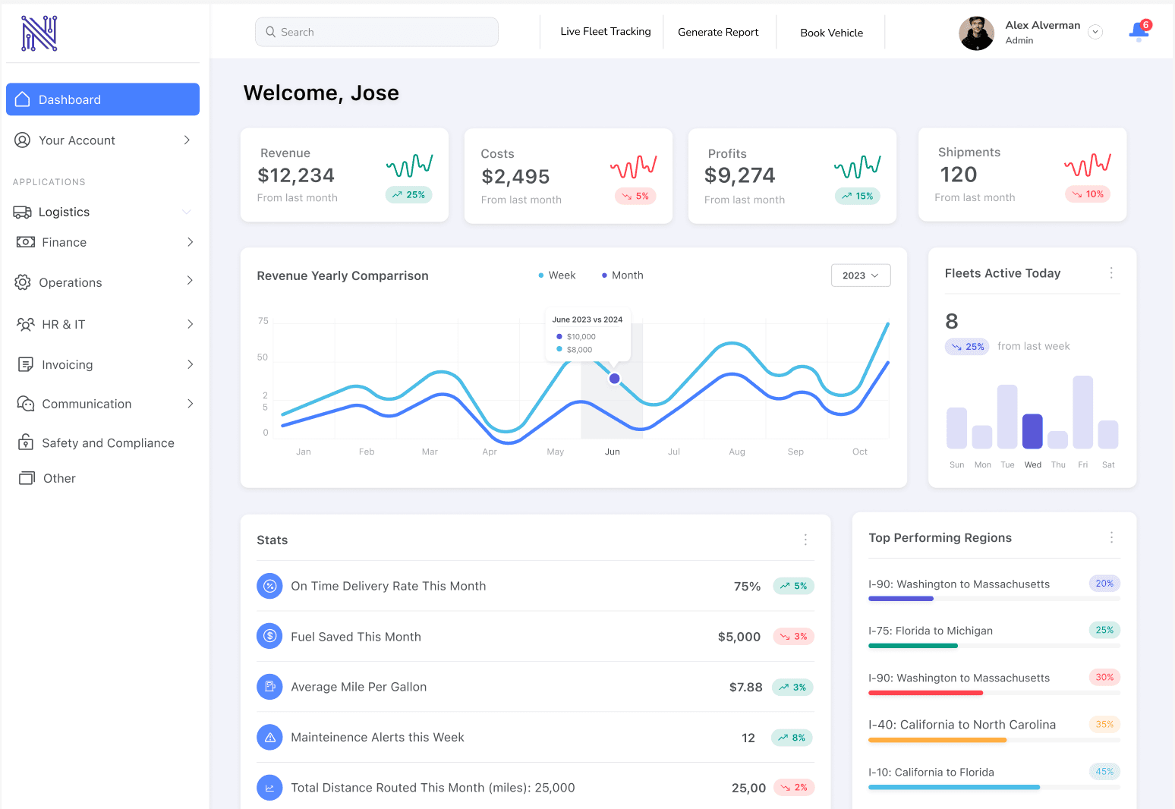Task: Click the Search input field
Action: (x=376, y=32)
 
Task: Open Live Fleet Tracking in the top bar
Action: (x=605, y=32)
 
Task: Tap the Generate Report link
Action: (x=717, y=32)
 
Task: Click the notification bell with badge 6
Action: (x=1139, y=31)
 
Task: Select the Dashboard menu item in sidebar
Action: (x=102, y=99)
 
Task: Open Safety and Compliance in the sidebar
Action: (x=107, y=443)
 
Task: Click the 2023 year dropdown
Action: (x=860, y=275)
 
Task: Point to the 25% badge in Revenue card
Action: (x=408, y=195)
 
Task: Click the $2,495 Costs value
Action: (x=515, y=177)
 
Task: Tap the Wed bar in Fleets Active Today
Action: (x=1032, y=431)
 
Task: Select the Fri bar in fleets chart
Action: (x=1082, y=412)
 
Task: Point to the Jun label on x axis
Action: (x=612, y=452)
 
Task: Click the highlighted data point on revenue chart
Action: (x=614, y=378)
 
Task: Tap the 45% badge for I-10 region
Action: (x=1104, y=772)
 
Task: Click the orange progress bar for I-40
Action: (x=937, y=740)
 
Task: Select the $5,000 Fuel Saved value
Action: (x=739, y=637)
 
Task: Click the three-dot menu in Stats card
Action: (x=805, y=540)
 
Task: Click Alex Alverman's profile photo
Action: (x=976, y=33)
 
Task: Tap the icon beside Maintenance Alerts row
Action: (x=269, y=737)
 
